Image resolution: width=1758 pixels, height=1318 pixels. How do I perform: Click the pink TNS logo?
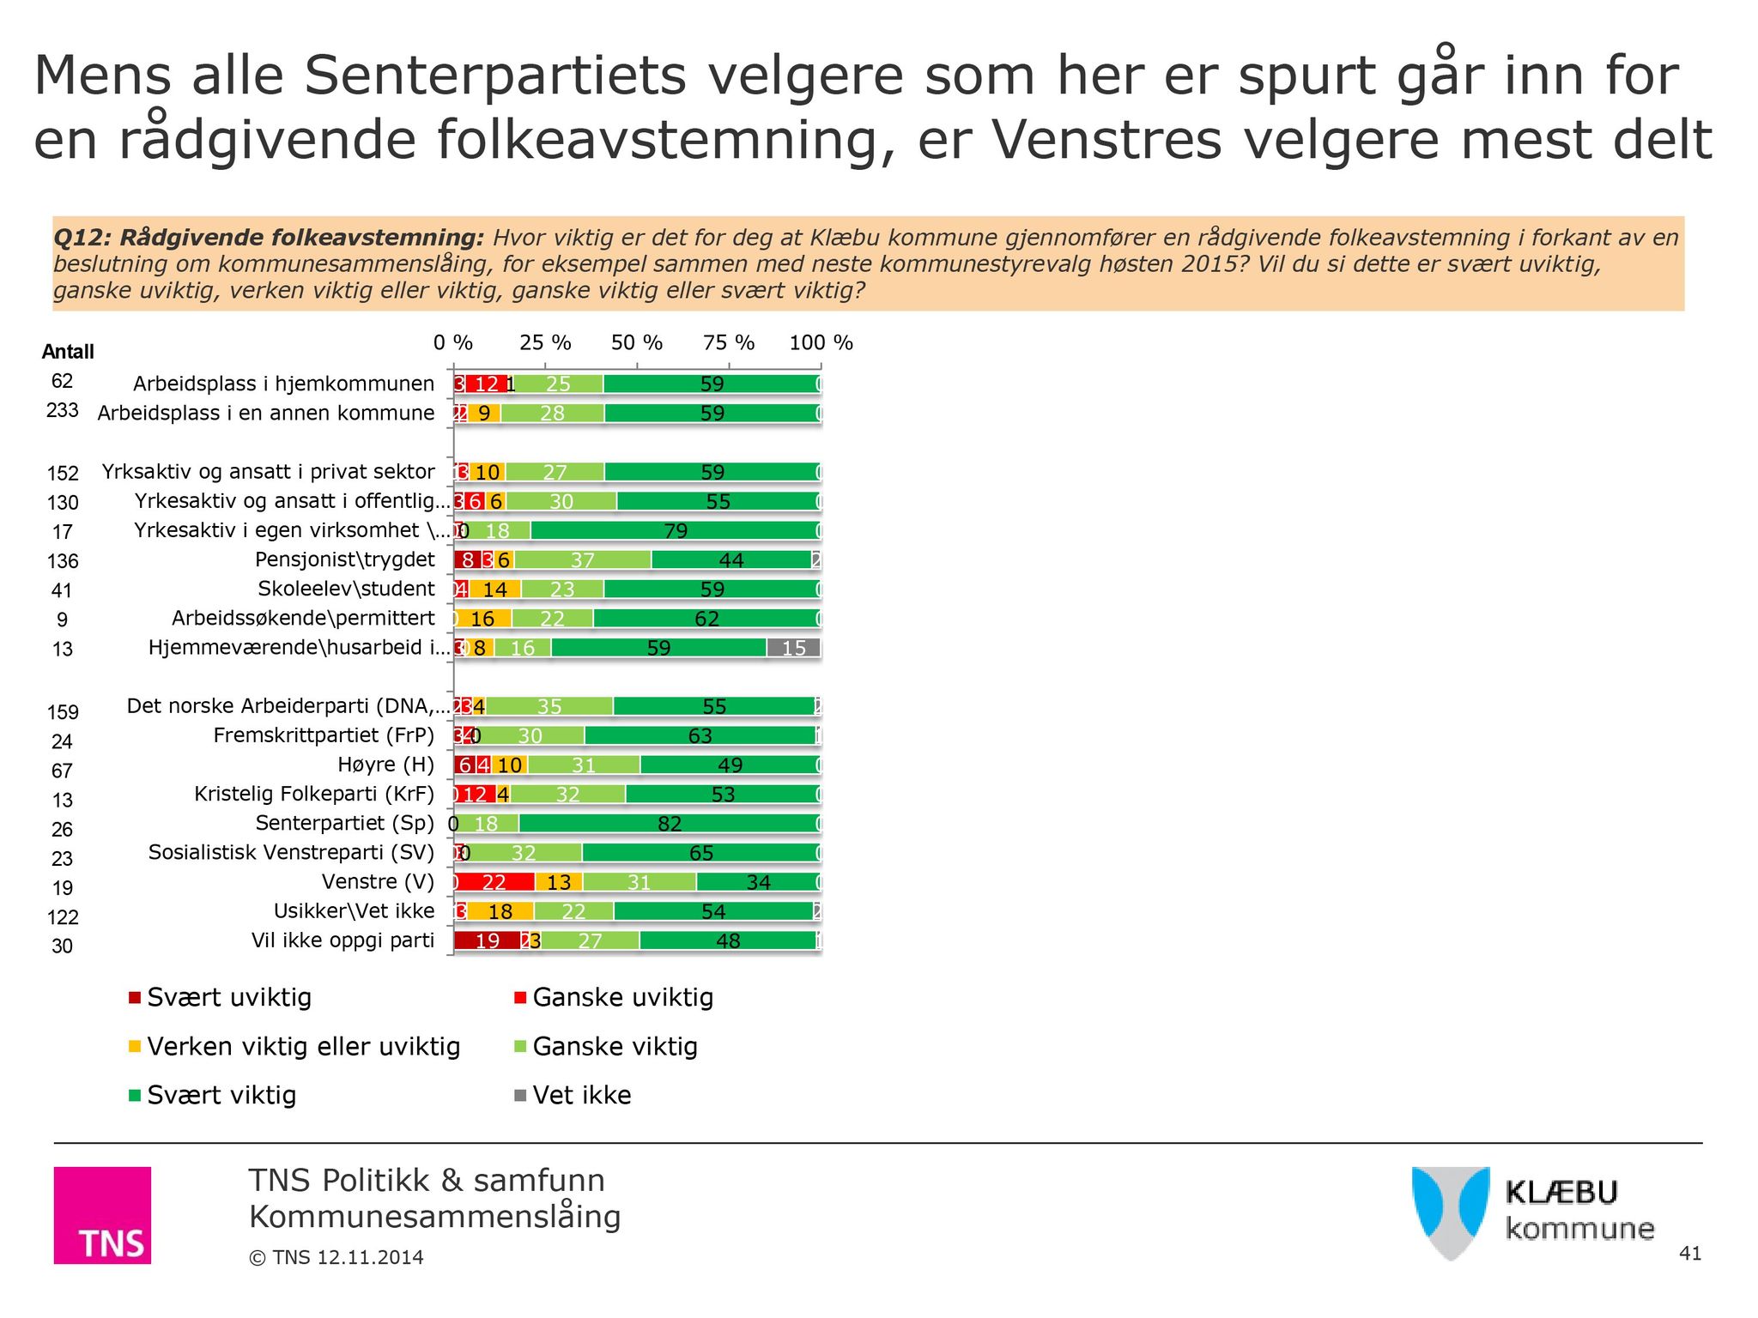point(102,1215)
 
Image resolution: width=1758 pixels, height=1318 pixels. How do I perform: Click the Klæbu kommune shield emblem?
point(1451,1212)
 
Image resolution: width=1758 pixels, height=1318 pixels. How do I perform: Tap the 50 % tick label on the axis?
point(636,343)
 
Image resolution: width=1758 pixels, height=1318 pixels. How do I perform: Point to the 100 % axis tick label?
point(821,343)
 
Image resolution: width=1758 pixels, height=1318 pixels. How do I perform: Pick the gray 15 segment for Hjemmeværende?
point(793,648)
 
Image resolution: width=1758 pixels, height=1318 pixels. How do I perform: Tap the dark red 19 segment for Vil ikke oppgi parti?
point(487,940)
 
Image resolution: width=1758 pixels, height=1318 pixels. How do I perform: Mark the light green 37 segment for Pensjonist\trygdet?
point(582,560)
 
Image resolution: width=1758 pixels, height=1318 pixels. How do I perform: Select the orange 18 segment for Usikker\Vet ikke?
point(500,911)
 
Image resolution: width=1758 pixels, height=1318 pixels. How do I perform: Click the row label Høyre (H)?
point(385,765)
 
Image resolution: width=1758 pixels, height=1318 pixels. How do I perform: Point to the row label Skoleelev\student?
point(346,589)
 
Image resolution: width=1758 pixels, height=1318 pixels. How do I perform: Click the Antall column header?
point(68,352)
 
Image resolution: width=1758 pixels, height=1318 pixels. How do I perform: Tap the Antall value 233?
point(63,411)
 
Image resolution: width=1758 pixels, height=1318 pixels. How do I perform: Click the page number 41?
point(1689,1254)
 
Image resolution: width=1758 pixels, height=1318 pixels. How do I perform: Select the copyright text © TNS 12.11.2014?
point(336,1258)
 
